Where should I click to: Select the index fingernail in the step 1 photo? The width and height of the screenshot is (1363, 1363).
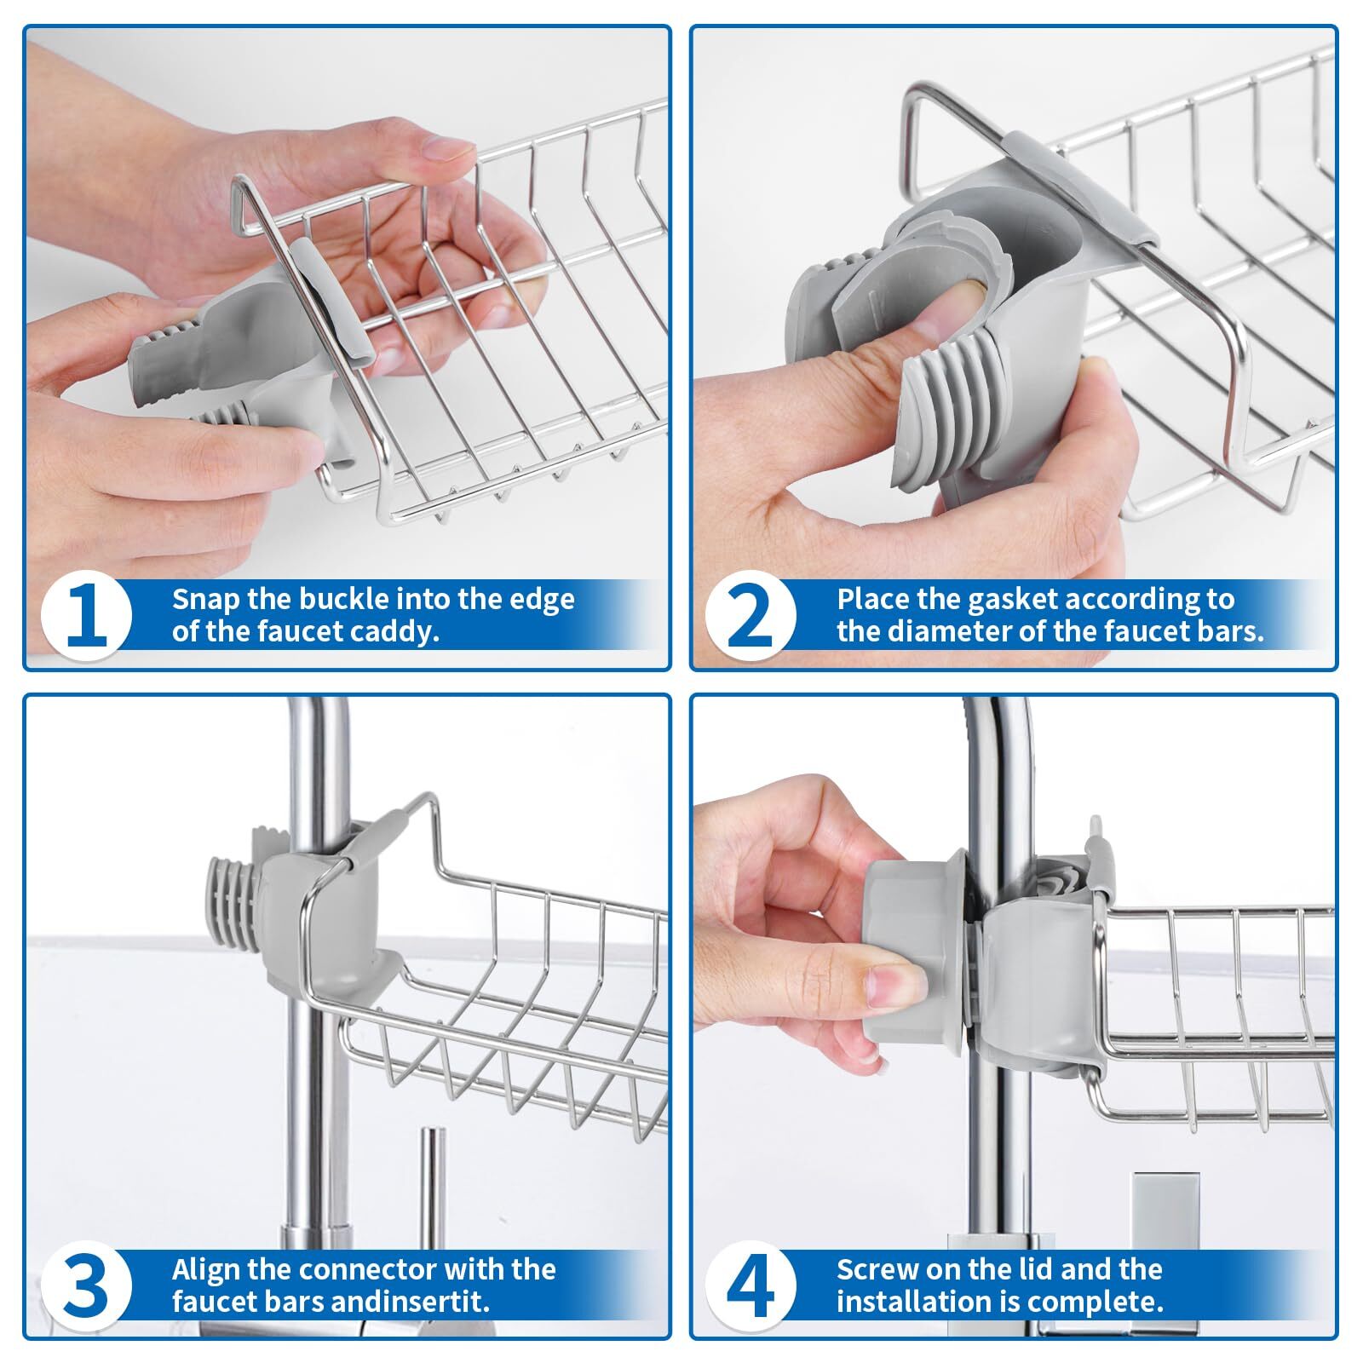click(x=448, y=150)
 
